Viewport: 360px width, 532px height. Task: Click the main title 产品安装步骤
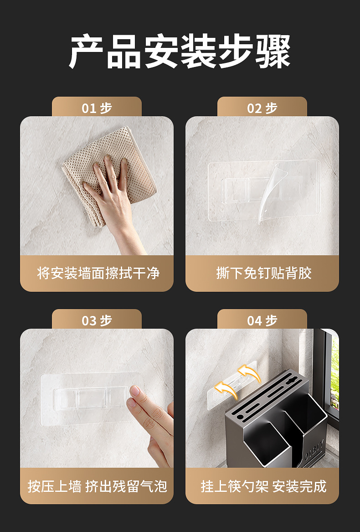coord(180,51)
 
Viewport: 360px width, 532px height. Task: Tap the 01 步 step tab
coord(97,108)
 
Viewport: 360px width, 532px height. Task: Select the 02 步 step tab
coord(262,108)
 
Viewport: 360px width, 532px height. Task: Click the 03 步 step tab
coord(97,320)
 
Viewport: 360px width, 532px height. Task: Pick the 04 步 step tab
coord(262,320)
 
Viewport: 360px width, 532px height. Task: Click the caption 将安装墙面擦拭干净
coord(98,273)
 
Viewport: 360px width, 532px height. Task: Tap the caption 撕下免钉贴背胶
coord(264,273)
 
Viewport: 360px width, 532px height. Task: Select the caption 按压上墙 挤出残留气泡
coord(98,486)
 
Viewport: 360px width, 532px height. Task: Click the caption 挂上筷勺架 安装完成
coord(263,486)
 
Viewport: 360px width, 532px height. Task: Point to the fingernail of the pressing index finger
coord(135,391)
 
